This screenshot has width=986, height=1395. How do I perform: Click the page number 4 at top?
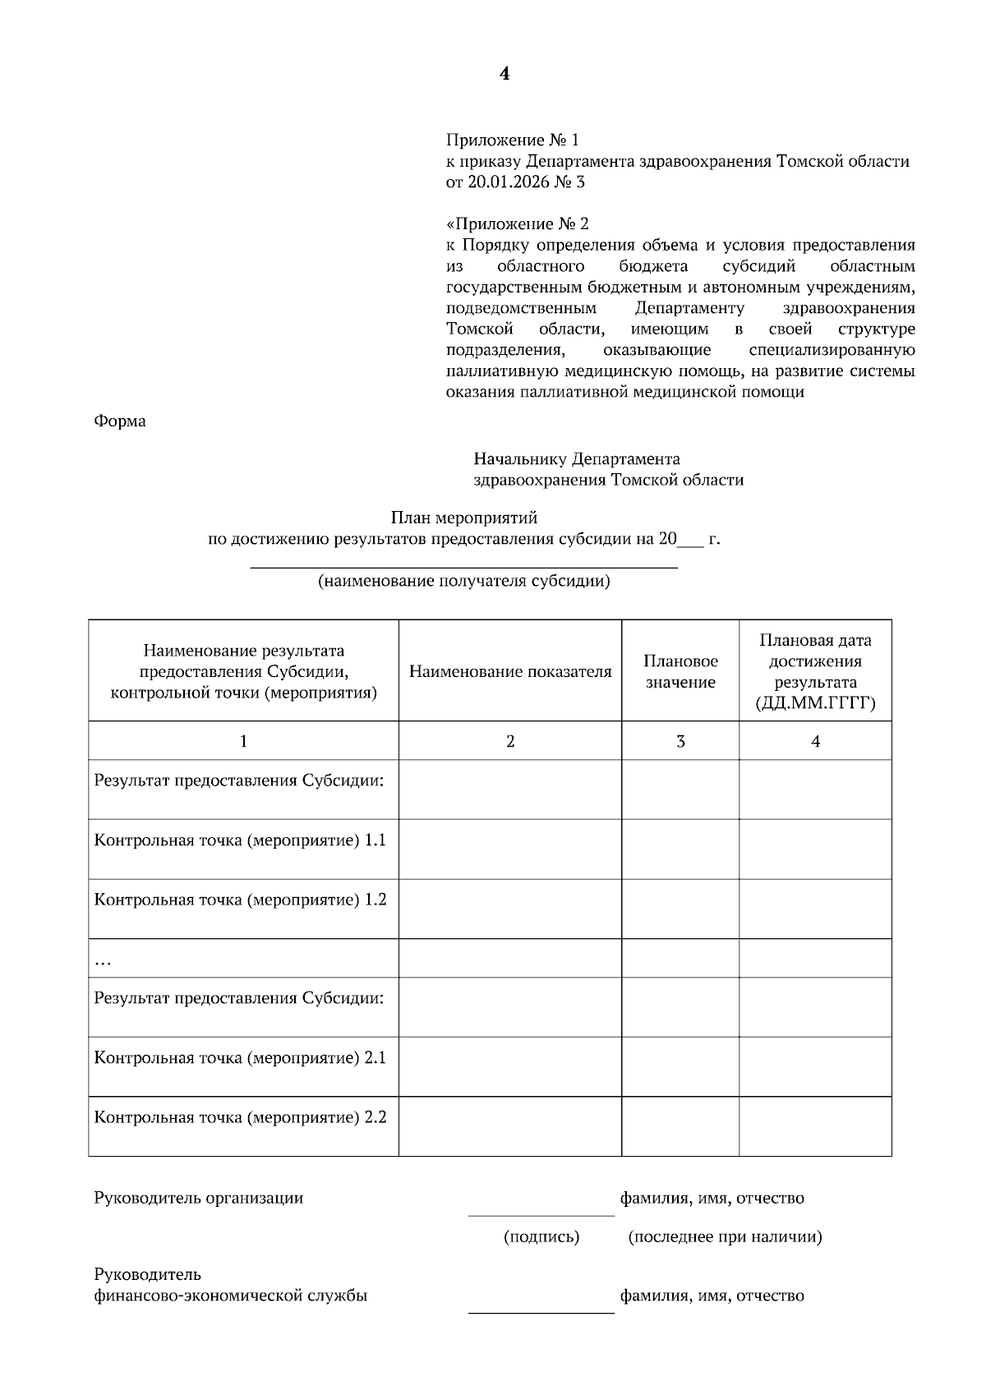click(x=505, y=74)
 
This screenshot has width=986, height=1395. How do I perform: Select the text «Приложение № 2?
click(x=518, y=223)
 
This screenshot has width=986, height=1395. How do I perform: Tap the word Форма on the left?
click(x=120, y=421)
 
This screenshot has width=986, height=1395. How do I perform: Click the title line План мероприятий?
click(x=463, y=518)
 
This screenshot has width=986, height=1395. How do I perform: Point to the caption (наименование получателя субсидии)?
click(x=464, y=582)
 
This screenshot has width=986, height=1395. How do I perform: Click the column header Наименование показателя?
click(x=510, y=672)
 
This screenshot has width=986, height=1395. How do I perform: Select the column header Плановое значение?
click(x=680, y=672)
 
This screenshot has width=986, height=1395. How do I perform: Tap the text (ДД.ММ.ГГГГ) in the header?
click(x=815, y=704)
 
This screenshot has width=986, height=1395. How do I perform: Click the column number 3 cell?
click(x=680, y=741)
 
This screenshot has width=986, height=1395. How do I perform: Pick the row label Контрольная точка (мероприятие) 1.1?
click(x=240, y=840)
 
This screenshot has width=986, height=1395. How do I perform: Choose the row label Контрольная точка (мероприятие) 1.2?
click(x=240, y=900)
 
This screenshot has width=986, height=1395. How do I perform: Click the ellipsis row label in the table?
click(x=104, y=960)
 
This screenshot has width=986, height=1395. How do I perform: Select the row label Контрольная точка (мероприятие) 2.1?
click(x=240, y=1058)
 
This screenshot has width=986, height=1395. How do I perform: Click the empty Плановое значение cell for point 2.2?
click(x=680, y=1126)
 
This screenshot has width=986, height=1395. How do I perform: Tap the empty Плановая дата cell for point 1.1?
click(x=815, y=849)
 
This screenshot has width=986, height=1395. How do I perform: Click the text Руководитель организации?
click(x=199, y=1198)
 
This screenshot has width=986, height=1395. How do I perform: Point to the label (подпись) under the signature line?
click(x=541, y=1236)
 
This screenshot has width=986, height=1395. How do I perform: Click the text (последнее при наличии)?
click(x=725, y=1236)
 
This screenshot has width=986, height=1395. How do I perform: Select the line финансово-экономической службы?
click(x=231, y=1296)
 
